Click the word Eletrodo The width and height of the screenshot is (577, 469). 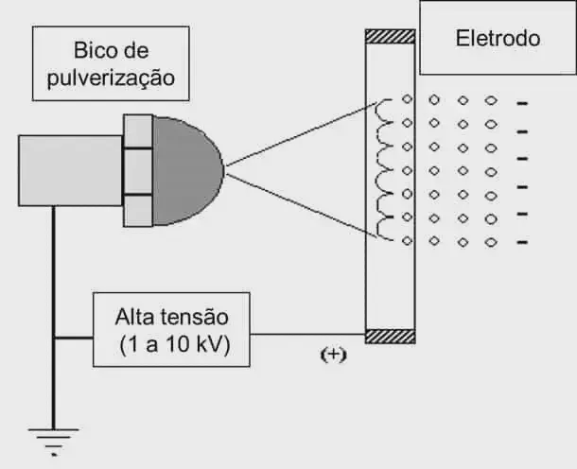tap(498, 39)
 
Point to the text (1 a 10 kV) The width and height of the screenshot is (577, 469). tap(171, 343)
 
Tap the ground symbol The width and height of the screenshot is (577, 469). tap(54, 438)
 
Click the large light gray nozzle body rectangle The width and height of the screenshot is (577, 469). tap(70, 170)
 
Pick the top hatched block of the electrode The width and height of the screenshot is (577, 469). tap(391, 37)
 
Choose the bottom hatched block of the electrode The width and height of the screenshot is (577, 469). tap(391, 336)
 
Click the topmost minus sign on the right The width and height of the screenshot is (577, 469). tap(521, 102)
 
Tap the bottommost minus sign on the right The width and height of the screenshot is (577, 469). tap(521, 241)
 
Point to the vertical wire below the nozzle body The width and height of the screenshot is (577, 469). tap(54, 284)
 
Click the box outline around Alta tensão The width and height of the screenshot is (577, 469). tap(94, 330)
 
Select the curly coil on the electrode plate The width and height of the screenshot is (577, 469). tap(384, 170)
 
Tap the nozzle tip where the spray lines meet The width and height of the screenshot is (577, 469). tap(224, 170)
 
